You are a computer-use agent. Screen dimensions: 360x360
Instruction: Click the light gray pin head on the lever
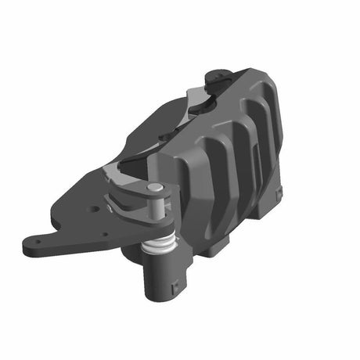click(155, 188)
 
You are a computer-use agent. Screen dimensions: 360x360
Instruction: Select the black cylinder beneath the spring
click(163, 278)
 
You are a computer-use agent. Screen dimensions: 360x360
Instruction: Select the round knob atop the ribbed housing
click(218, 77)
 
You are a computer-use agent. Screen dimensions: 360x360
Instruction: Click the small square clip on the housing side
click(278, 191)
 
